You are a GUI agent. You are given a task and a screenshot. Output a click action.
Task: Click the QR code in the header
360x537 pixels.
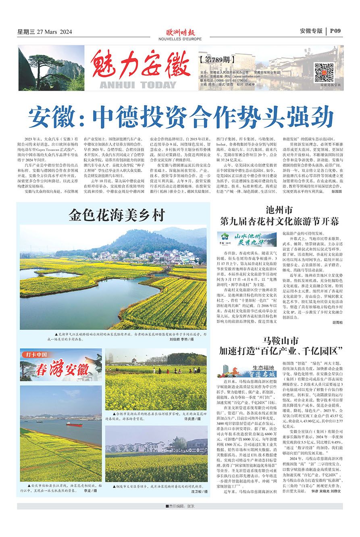pyautogui.click(x=324, y=73)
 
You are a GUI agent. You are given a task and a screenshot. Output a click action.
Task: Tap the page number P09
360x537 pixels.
pyautogui.click(x=335, y=31)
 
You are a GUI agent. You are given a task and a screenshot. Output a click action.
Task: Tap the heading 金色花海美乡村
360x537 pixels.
pyautogui.click(x=117, y=214)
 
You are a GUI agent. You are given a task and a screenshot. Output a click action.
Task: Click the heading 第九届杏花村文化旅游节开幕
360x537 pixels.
pyautogui.click(x=279, y=221)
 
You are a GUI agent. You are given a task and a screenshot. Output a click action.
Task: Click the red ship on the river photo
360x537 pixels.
pyautogui.click(x=74, y=424)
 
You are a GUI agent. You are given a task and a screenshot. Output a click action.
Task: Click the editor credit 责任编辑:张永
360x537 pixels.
pyautogui.click(x=180, y=506)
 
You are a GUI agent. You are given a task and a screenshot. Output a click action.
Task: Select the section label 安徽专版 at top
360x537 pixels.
pyautogui.click(x=311, y=31)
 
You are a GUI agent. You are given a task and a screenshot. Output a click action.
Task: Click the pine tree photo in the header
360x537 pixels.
pyautogui.click(x=51, y=68)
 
